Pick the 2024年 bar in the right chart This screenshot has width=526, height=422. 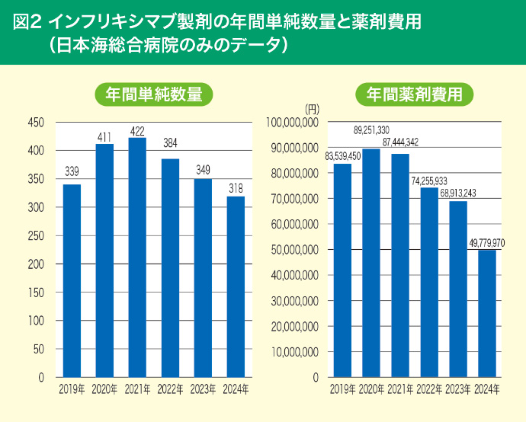pos(486,313)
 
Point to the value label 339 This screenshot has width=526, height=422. pos(72,171)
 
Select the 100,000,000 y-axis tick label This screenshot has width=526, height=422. pos(290,122)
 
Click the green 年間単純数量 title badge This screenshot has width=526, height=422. pos(153,94)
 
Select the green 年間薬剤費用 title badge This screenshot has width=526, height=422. pos(415,94)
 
